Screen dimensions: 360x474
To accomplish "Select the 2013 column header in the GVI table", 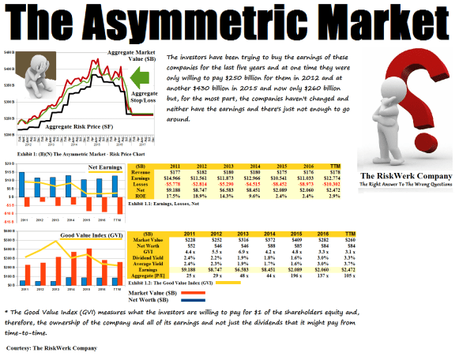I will [235, 234].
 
